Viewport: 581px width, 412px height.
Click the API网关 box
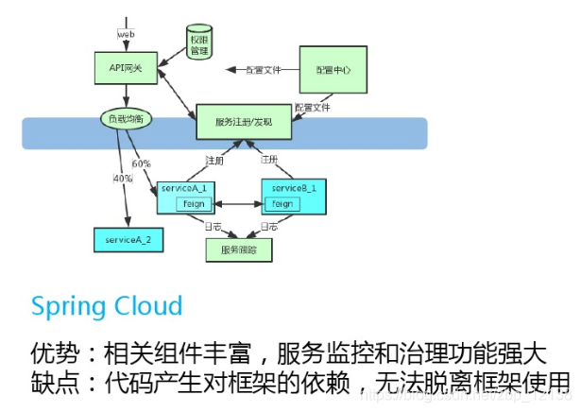coord(125,69)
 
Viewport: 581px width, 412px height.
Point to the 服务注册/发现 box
coord(244,123)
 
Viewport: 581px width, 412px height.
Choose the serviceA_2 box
coord(128,239)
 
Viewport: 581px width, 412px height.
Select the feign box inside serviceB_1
coord(281,203)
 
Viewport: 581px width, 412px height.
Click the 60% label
coord(142,163)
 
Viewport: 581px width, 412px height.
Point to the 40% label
coord(123,179)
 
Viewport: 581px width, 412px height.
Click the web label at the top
coord(128,34)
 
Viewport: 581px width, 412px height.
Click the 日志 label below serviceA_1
coord(214,227)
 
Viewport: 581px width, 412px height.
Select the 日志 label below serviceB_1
coord(269,227)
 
